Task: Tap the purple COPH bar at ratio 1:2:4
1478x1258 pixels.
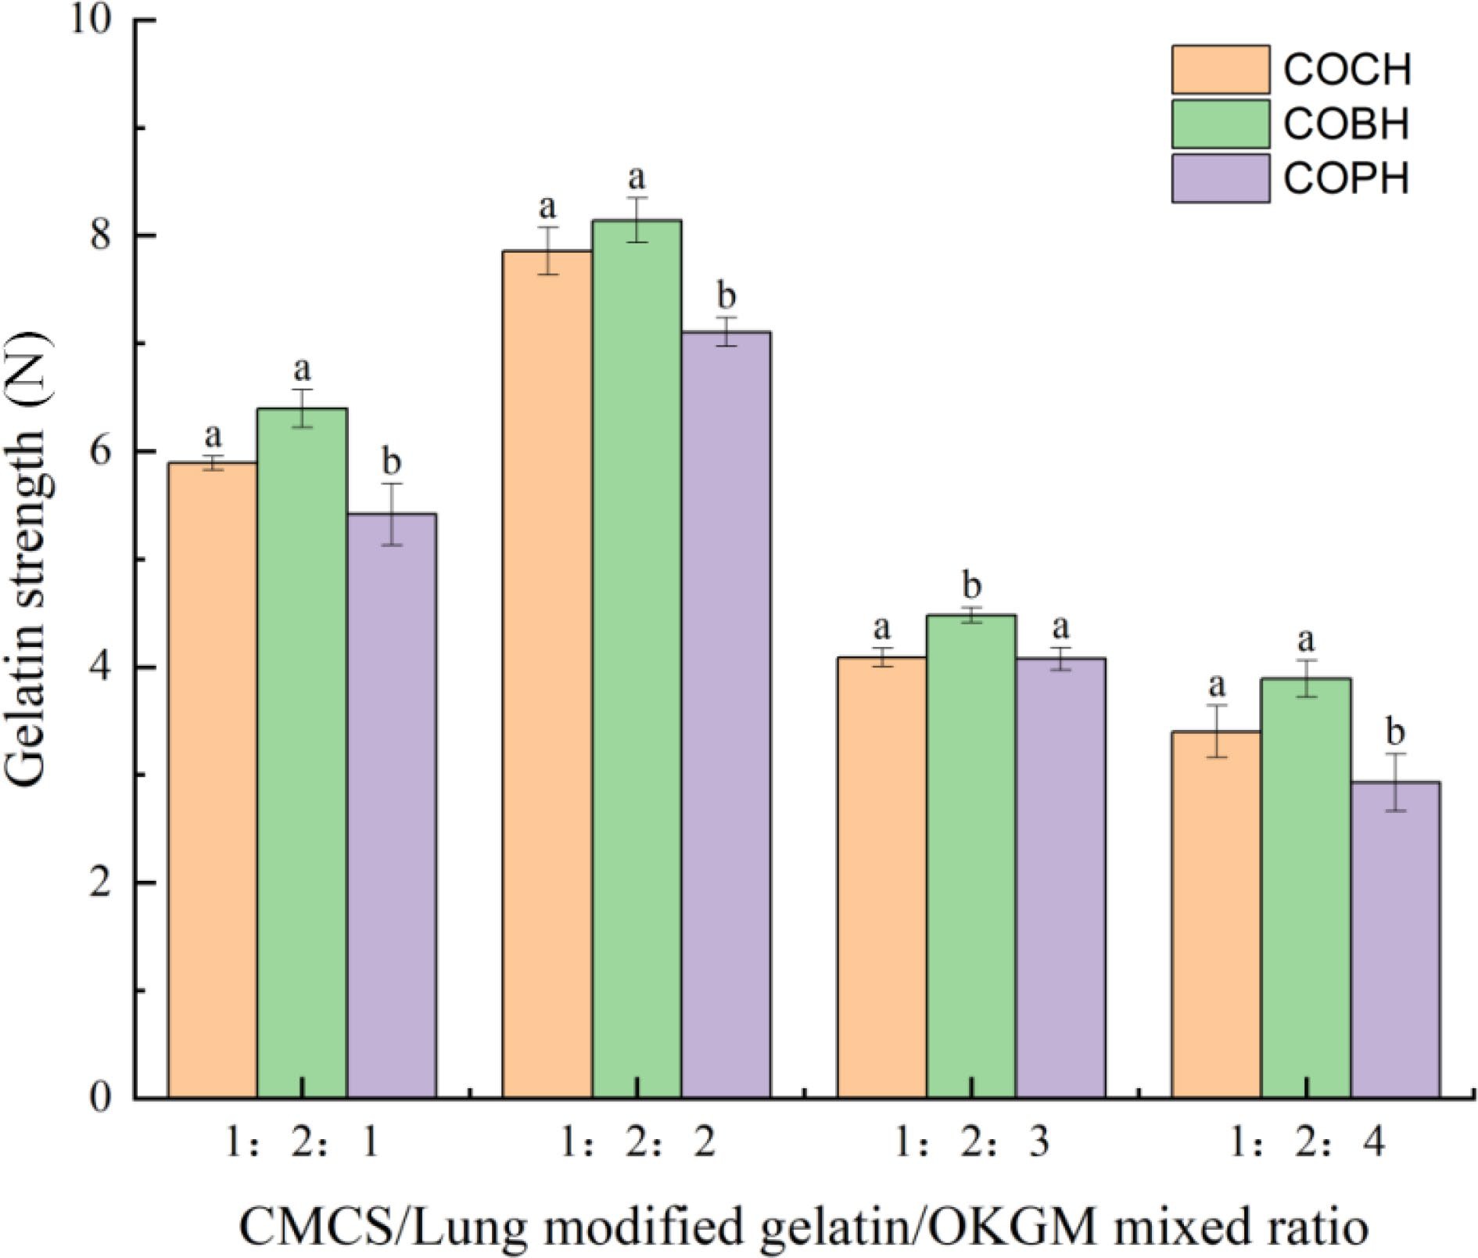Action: coord(1394,939)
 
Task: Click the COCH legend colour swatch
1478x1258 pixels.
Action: coord(1219,70)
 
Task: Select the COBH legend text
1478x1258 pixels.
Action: coord(1346,124)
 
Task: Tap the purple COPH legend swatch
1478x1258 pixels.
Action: coord(1219,179)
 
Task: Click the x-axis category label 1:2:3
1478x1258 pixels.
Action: coord(970,1145)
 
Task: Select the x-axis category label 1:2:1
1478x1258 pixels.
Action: coord(302,1145)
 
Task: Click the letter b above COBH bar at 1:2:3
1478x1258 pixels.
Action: coord(971,584)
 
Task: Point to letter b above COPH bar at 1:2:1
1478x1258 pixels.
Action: coord(391,462)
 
